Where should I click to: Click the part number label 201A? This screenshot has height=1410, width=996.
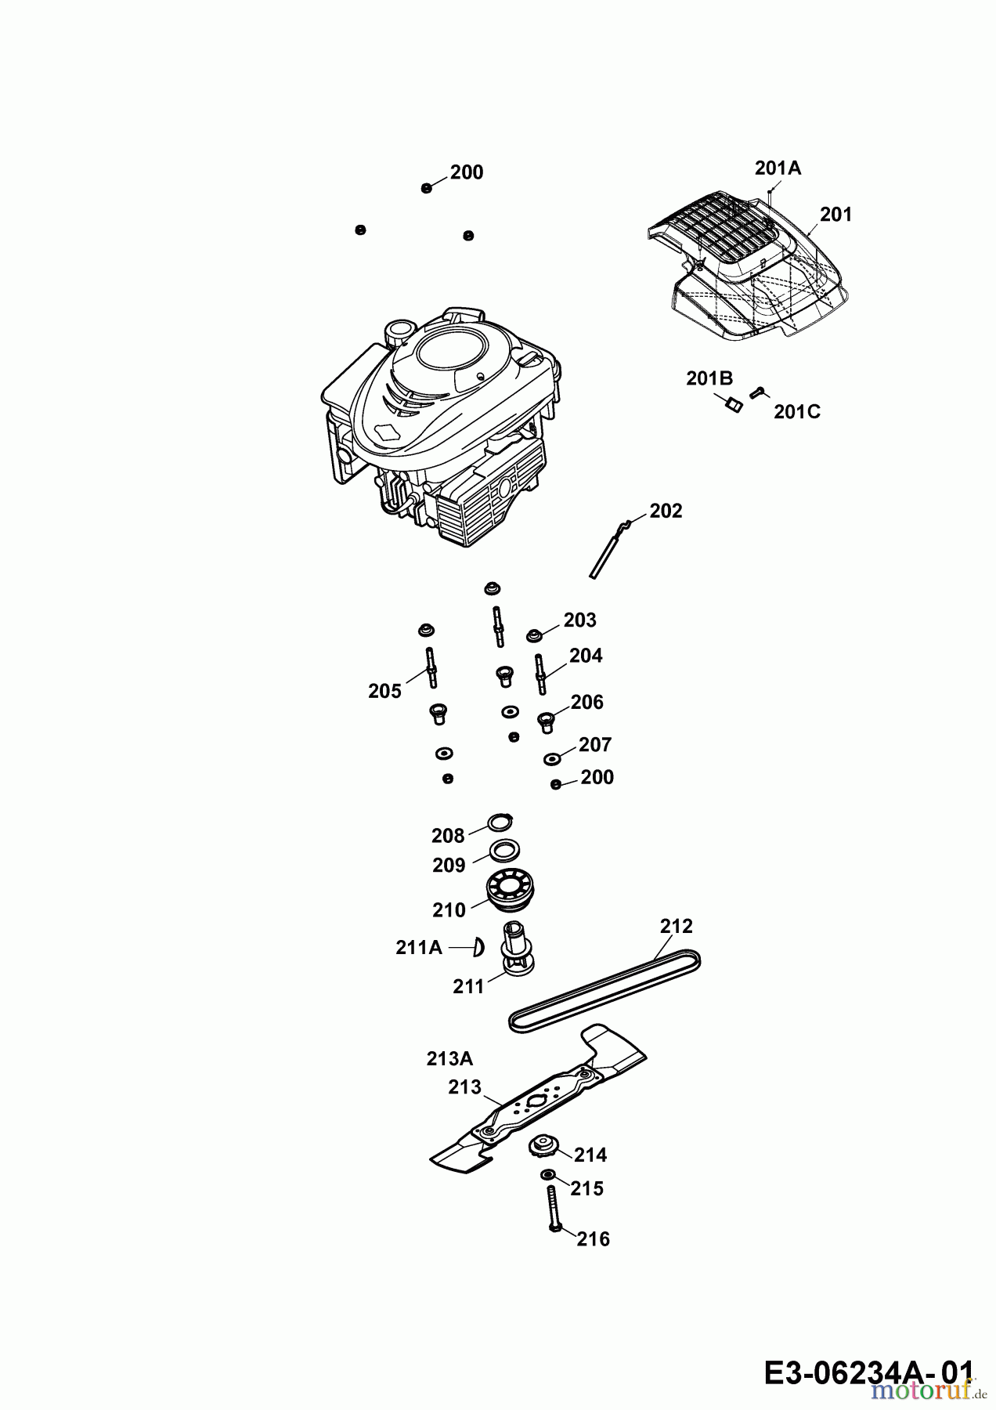pos(778,168)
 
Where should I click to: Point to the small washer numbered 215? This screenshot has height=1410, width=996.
pos(547,1175)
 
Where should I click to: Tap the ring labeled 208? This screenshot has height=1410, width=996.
pos(500,822)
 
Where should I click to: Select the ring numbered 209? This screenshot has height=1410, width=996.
pos(505,849)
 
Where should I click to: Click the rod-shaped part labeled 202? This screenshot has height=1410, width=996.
pos(612,549)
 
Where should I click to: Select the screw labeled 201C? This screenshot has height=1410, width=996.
pos(757,393)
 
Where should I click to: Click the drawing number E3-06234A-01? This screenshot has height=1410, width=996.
pos(868,1372)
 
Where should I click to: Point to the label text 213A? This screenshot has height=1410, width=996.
pos(449,1058)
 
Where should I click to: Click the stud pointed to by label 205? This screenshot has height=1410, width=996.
pos(431,668)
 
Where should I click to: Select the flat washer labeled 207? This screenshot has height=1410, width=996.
pos(552,758)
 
